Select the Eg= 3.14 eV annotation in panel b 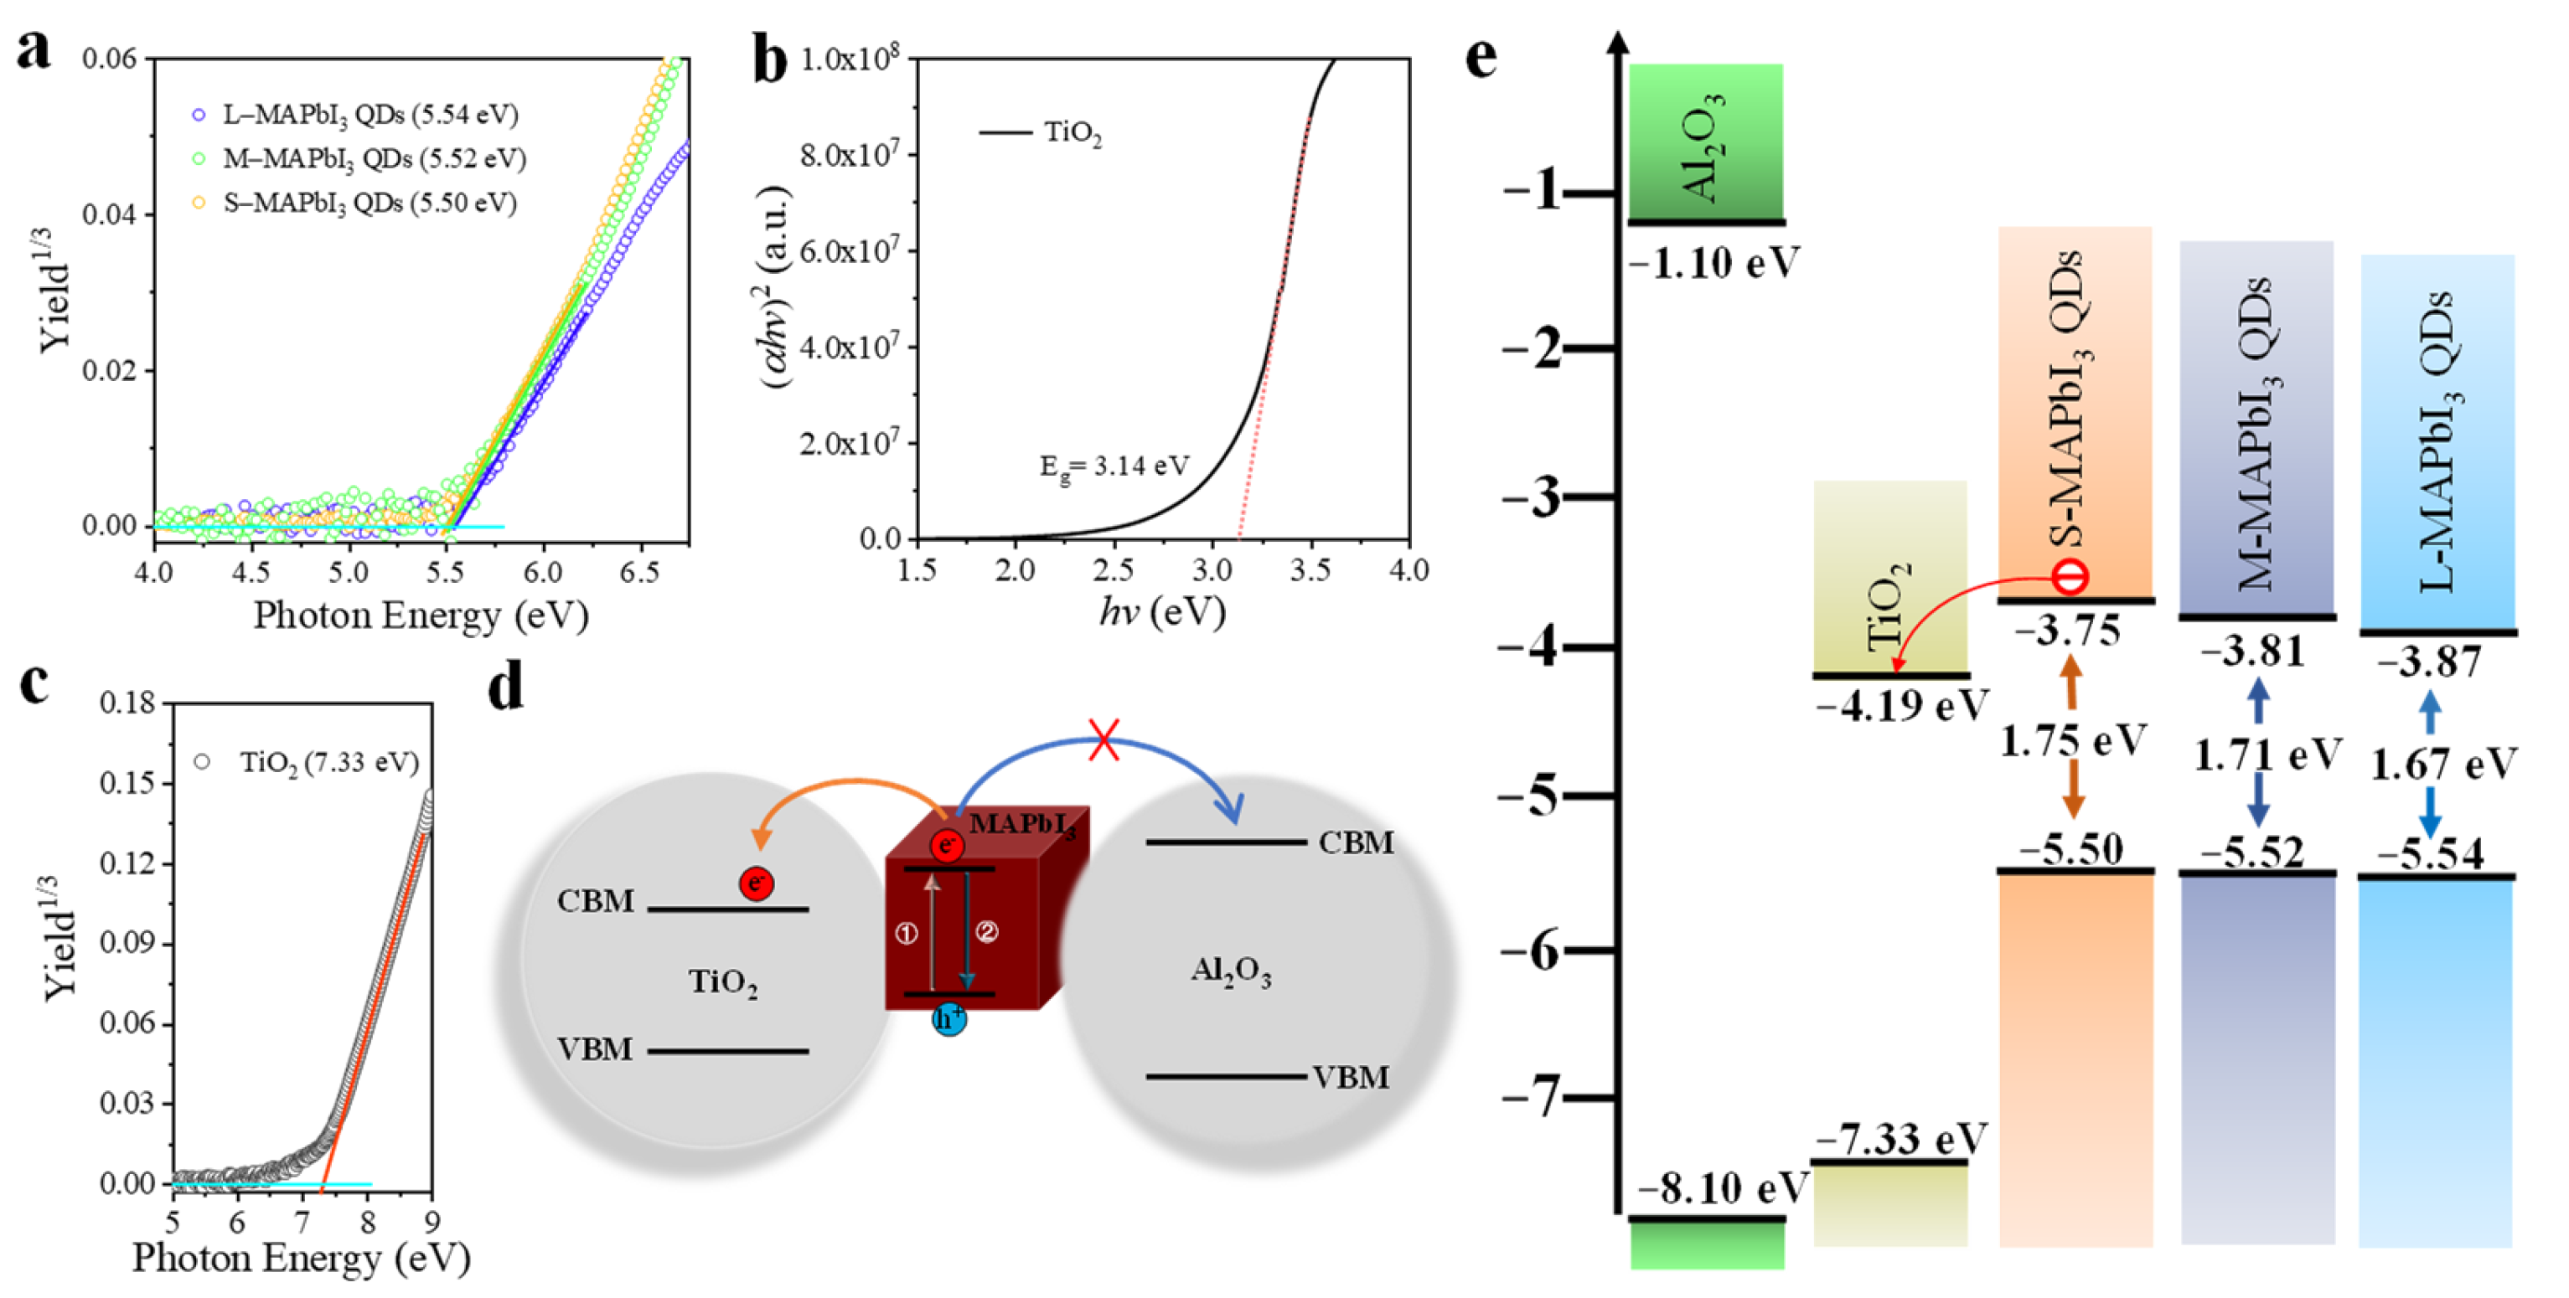tap(1114, 466)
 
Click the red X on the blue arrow tap(1103, 739)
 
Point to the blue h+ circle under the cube tap(949, 1019)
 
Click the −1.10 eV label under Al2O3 tap(1714, 264)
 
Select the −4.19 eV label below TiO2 tap(1900, 706)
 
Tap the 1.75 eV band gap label tap(2072, 742)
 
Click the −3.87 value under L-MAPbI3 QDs tap(2428, 662)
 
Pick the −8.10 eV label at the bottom tap(1721, 1188)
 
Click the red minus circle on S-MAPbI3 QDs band tap(2070, 577)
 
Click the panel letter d tap(507, 688)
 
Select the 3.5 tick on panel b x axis tap(1310, 570)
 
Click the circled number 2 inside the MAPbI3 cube tap(986, 932)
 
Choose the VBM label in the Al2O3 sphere tap(1351, 1078)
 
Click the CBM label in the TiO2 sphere tap(596, 901)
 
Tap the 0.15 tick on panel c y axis tap(127, 784)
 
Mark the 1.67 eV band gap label tap(2442, 765)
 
